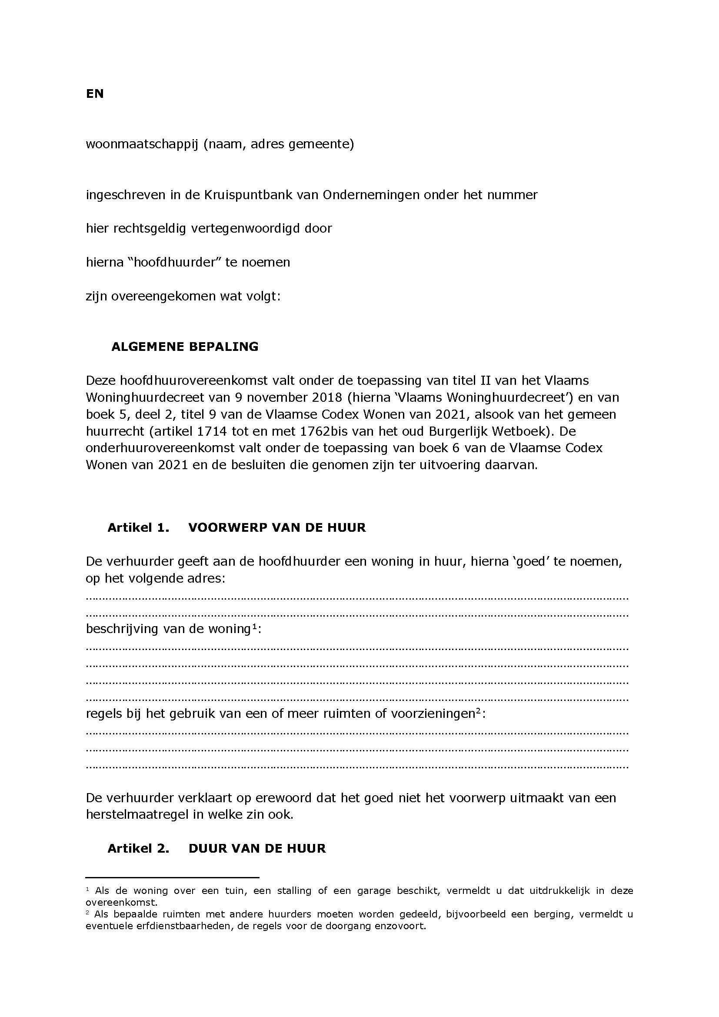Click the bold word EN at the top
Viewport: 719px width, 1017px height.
pos(95,94)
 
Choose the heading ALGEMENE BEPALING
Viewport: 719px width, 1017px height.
pos(185,347)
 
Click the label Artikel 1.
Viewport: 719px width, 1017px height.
pos(138,527)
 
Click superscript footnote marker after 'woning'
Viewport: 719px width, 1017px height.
pos(255,626)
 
